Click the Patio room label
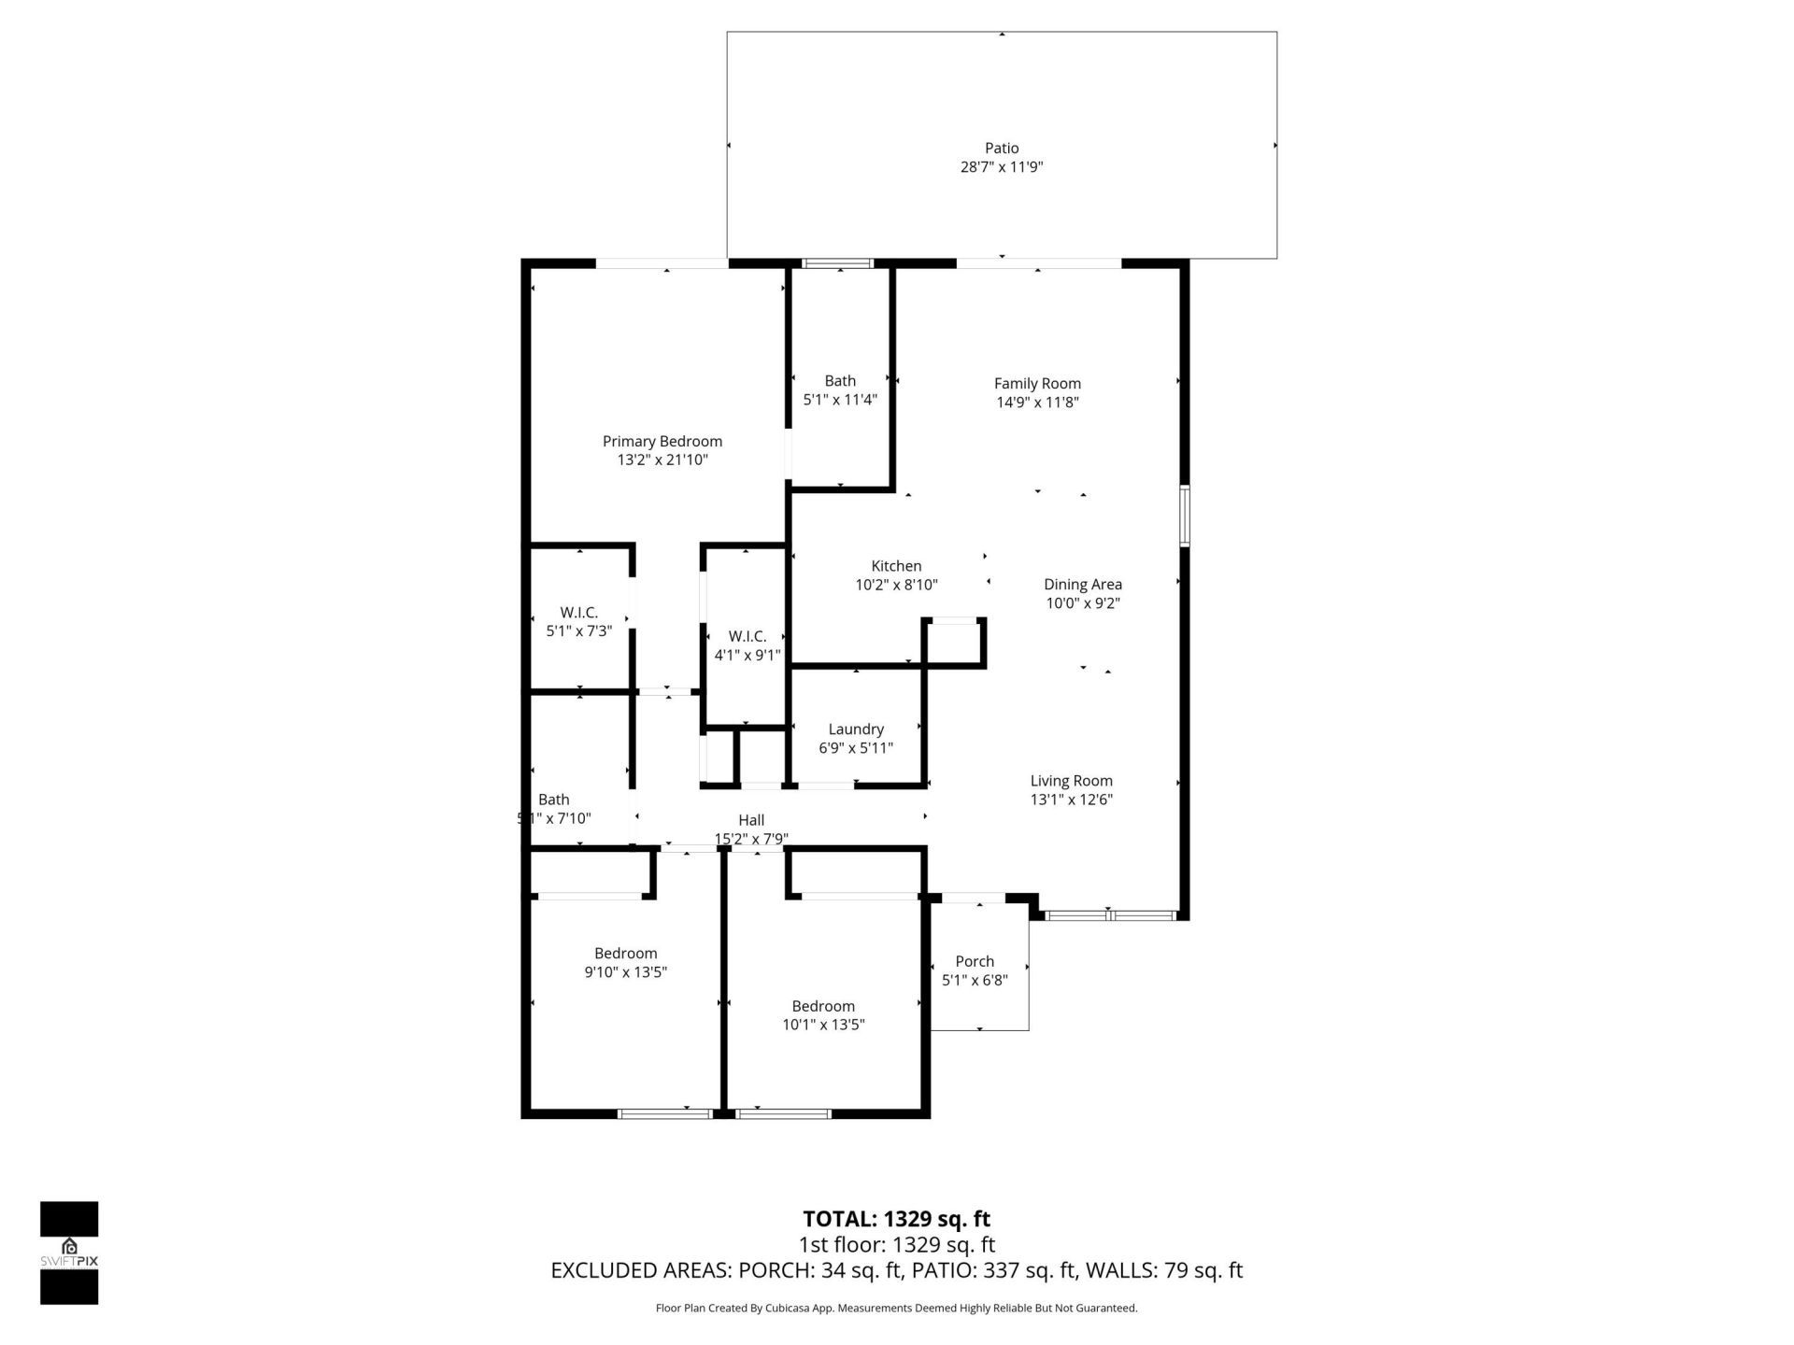[x=1001, y=148]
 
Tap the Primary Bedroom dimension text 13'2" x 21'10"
[x=662, y=460]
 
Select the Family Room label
[x=1037, y=383]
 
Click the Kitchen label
[x=896, y=566]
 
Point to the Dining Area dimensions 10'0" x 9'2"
[x=1082, y=603]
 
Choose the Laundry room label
[x=856, y=729]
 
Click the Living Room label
[x=1071, y=781]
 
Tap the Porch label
[x=975, y=961]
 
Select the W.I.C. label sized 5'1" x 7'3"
[x=578, y=613]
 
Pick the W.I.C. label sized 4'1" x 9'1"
[x=747, y=637]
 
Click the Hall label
[x=751, y=820]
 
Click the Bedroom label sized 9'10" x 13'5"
[x=625, y=954]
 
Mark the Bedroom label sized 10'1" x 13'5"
[x=823, y=1006]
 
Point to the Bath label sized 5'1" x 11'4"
[x=840, y=381]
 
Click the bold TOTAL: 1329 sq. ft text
[x=896, y=1219]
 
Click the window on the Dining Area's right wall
[x=1184, y=516]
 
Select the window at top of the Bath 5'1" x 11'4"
[x=838, y=264]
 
